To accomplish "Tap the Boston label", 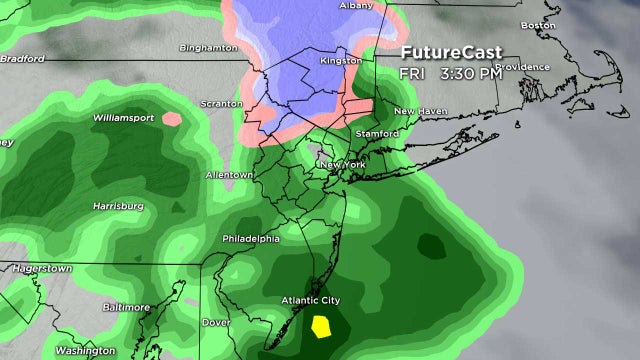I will (538, 25).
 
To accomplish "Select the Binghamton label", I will (207, 47).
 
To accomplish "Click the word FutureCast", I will (446, 53).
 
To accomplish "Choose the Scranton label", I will (221, 103).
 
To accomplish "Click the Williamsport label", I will (123, 117).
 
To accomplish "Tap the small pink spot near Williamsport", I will (171, 119).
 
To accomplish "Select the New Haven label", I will (418, 110).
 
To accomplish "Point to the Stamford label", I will (377, 133).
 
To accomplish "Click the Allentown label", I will (229, 175).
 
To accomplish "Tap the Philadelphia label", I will (251, 239).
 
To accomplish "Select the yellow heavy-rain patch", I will (322, 325).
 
